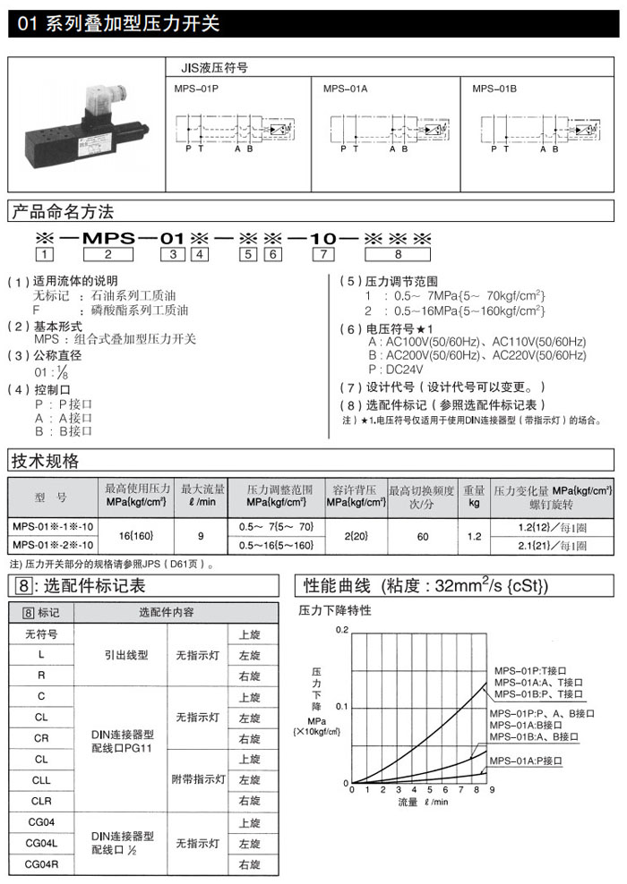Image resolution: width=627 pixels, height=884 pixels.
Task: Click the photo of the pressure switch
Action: click(x=86, y=124)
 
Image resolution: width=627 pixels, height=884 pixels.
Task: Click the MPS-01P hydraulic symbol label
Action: click(x=196, y=89)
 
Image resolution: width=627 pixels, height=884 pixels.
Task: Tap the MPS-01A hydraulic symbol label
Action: click(x=345, y=89)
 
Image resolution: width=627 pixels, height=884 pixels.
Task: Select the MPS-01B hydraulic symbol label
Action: click(x=494, y=89)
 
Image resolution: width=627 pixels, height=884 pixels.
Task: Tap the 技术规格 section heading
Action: click(x=45, y=462)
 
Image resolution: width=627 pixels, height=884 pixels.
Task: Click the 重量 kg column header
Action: click(x=474, y=497)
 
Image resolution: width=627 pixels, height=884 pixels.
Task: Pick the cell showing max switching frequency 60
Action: click(x=423, y=536)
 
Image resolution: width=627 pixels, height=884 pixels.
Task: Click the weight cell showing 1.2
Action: click(x=474, y=536)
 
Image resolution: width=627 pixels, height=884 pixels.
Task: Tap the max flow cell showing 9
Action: click(x=201, y=536)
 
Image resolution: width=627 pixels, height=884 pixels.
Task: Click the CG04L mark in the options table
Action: click(x=41, y=843)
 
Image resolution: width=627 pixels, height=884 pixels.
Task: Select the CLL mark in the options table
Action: click(x=41, y=779)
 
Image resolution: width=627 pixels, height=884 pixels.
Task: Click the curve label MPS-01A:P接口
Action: click(x=526, y=761)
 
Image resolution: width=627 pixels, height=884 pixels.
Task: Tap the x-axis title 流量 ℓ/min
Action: click(x=411, y=802)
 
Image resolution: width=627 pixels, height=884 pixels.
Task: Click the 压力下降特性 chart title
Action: click(x=334, y=610)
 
